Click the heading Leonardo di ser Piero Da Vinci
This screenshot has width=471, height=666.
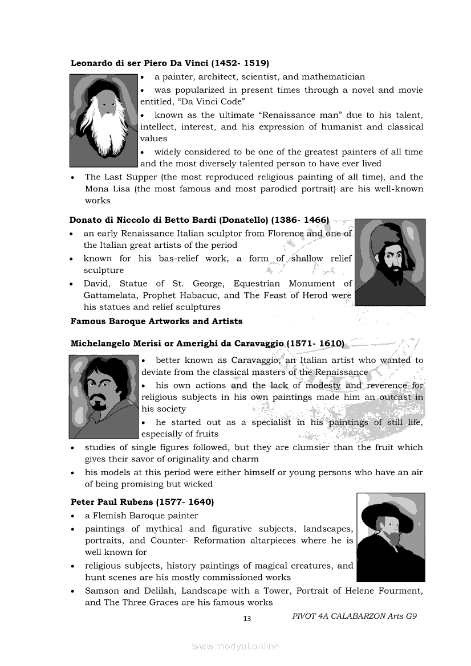pyautogui.click(x=169, y=63)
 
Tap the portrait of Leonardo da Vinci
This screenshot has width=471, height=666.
pyautogui.click(x=104, y=120)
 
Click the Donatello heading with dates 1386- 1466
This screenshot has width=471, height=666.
pyautogui.click(x=199, y=220)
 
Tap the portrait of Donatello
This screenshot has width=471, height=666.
pyautogui.click(x=390, y=262)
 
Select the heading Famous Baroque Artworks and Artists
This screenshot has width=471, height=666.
pyautogui.click(x=156, y=321)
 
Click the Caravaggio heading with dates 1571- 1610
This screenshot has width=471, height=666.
pyautogui.click(x=207, y=344)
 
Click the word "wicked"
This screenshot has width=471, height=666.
pyautogui.click(x=199, y=484)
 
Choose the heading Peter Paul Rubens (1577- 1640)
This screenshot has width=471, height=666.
pyautogui.click(x=142, y=502)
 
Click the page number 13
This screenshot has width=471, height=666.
pyautogui.click(x=247, y=619)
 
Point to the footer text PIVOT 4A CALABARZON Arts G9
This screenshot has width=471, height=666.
pyautogui.click(x=354, y=616)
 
